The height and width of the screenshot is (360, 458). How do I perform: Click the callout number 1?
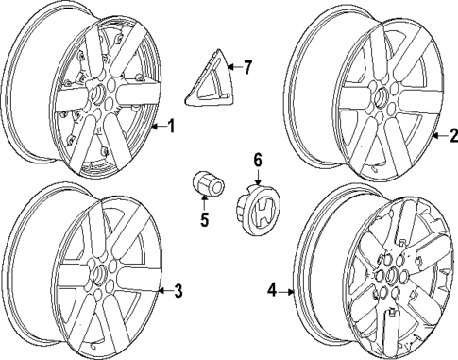point(171,125)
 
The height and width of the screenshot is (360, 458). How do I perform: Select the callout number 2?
point(451,136)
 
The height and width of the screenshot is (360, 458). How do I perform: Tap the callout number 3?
point(178,290)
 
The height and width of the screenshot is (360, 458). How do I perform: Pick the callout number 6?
point(256,160)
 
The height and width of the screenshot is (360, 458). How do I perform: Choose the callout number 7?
point(247,67)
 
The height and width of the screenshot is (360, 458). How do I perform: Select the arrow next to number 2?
point(437,136)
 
